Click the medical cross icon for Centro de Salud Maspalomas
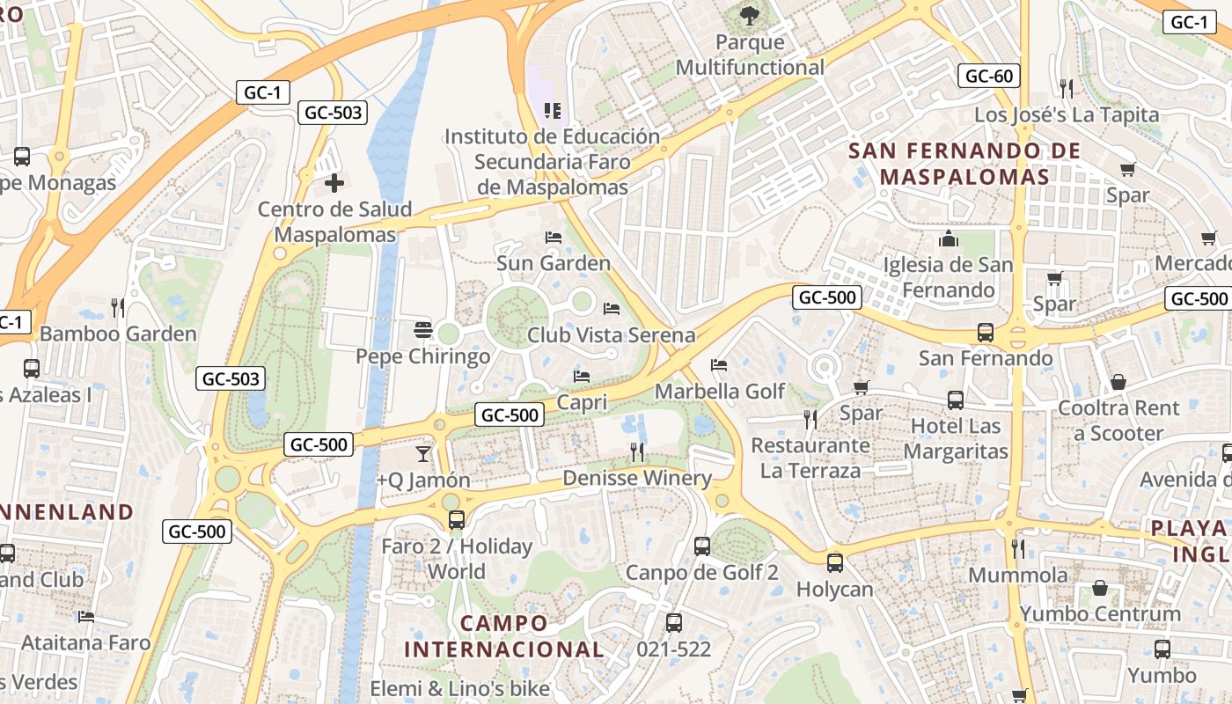(x=334, y=183)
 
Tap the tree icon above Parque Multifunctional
(x=749, y=14)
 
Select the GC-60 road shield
(x=988, y=76)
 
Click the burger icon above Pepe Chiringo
(x=423, y=330)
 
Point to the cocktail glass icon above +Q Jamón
(x=423, y=453)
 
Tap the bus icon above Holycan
(x=834, y=562)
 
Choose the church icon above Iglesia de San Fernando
(x=949, y=238)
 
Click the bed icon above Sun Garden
(x=553, y=237)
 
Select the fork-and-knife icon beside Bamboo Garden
(x=118, y=307)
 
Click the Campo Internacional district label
(x=504, y=636)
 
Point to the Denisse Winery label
(x=637, y=478)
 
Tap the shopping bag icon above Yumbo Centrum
(x=1100, y=587)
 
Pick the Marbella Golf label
(x=720, y=391)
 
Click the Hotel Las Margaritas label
(x=956, y=439)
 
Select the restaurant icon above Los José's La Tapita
(x=1067, y=88)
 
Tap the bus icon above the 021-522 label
(x=674, y=623)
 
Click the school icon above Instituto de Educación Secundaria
(x=553, y=110)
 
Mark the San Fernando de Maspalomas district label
(x=964, y=164)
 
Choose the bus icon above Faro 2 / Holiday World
(x=456, y=520)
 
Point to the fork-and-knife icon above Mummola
(x=1017, y=549)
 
